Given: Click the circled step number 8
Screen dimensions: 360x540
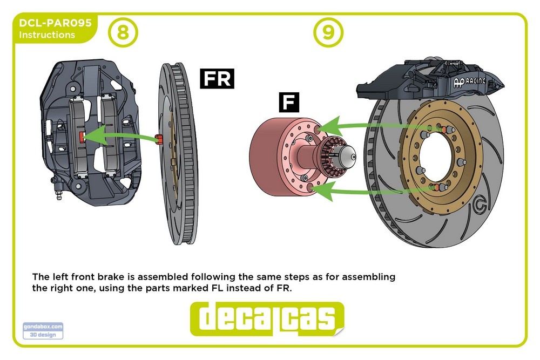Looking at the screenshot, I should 123,32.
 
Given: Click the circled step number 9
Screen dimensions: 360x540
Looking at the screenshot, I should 328,32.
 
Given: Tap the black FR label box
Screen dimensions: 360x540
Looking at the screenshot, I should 216,78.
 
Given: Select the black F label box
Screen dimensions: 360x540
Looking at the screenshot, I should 289,103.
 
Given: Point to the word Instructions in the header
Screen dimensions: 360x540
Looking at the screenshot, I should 47,35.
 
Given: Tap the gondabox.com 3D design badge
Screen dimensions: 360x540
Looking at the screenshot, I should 43,330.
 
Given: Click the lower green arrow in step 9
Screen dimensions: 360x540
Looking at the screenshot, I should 367,189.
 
